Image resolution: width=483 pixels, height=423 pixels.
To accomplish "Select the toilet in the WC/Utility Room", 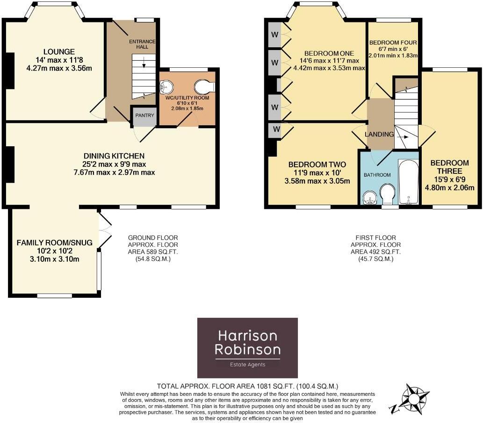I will (x=205, y=87).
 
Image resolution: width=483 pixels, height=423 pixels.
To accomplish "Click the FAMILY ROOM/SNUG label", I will (x=55, y=243).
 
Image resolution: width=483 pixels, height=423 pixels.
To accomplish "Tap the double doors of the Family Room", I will (x=105, y=229).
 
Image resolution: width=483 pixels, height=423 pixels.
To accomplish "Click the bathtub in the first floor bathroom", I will (x=409, y=183).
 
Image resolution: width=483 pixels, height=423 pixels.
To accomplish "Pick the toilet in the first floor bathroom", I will (x=387, y=194).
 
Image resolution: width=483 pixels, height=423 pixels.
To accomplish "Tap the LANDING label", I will (x=379, y=134).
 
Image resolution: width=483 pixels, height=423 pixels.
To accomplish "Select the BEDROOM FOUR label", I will (x=392, y=43).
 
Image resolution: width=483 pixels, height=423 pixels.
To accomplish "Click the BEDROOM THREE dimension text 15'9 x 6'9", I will (x=449, y=180).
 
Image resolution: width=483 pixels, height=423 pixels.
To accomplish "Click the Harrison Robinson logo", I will (x=247, y=348).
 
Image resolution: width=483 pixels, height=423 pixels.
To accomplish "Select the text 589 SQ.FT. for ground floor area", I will (x=153, y=251).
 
